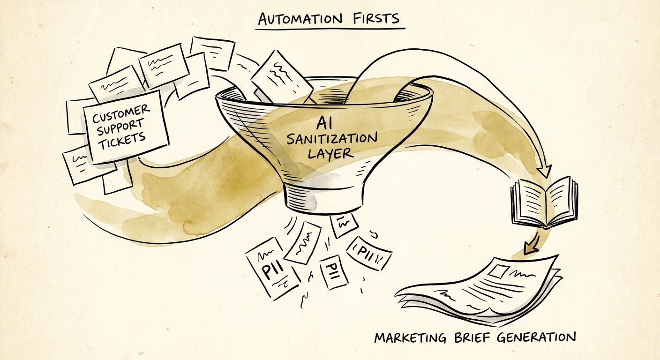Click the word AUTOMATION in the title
pyautogui.click(x=300, y=19)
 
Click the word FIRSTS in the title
pyautogui.click(x=376, y=18)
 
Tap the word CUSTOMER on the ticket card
pyautogui.click(x=121, y=114)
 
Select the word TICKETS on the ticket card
pyautogui.click(x=122, y=140)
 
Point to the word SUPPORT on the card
pyautogui.click(x=120, y=127)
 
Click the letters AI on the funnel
pyautogui.click(x=324, y=123)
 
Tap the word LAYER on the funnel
pyautogui.click(x=330, y=153)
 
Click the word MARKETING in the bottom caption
pyautogui.click(x=410, y=337)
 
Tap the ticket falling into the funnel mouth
pyautogui.click(x=281, y=77)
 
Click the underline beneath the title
pyautogui.click(x=330, y=29)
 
